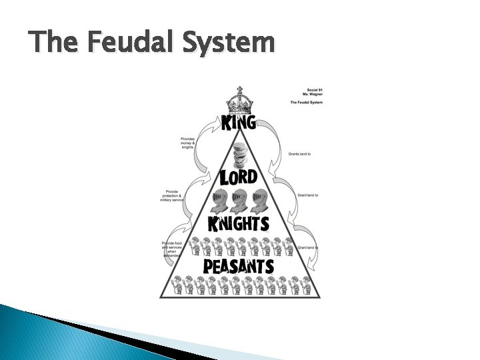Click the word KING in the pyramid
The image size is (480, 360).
point(238,123)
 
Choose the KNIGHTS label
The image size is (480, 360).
point(239,223)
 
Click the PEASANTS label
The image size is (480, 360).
point(239,266)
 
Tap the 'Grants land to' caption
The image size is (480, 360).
point(299,153)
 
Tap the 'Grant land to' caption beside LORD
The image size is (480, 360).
point(307,195)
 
